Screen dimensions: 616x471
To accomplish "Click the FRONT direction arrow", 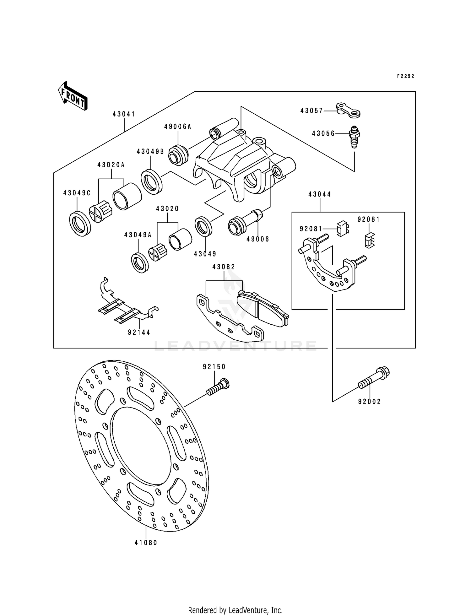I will pos(73,96).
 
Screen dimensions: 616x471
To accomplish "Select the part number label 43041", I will pos(124,114).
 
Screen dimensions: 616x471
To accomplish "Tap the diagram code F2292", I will pos(405,76).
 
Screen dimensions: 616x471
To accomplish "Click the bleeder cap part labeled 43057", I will pos(348,110).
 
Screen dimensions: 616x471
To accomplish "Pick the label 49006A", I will pos(178,127).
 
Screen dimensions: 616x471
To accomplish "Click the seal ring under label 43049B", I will pos(152,181).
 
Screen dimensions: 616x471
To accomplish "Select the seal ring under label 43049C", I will pos(80,224).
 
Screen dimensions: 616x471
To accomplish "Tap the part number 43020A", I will pos(111,165).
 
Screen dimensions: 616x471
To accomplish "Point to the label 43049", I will pos(205,254).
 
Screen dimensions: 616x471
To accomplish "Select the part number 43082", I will pos(224,267).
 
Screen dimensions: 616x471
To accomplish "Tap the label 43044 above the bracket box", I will pos(320,194).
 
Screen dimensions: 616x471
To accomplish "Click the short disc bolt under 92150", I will pos(218,387).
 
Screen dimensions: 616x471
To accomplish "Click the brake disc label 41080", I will pos(146,543).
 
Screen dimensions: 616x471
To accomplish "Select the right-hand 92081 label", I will pos(369,219).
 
